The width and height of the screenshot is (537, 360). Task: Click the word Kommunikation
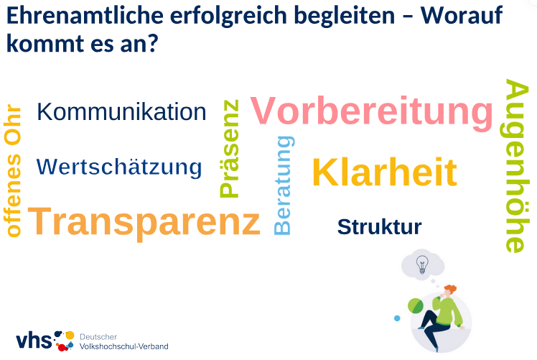pyautogui.click(x=121, y=112)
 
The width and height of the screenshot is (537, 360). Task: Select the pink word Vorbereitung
pyautogui.click(x=372, y=111)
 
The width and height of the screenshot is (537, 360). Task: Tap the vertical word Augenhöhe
pyautogui.click(x=516, y=166)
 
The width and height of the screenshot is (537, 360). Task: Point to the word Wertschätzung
pyautogui.click(x=119, y=167)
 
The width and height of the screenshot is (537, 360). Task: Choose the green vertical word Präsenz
pyautogui.click(x=229, y=149)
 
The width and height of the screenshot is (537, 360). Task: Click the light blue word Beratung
pyautogui.click(x=283, y=185)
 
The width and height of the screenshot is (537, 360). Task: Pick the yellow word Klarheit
pyautogui.click(x=385, y=172)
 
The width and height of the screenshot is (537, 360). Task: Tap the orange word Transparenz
pyautogui.click(x=144, y=222)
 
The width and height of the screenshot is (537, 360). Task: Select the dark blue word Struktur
pyautogui.click(x=380, y=227)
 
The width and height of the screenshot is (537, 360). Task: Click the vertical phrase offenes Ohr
pyautogui.click(x=13, y=170)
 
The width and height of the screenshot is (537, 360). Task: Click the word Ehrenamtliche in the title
pyautogui.click(x=85, y=15)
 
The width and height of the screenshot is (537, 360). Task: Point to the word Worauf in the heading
pyautogui.click(x=462, y=15)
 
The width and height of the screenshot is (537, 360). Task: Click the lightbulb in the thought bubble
pyautogui.click(x=422, y=264)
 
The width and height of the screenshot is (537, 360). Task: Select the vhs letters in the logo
pyautogui.click(x=34, y=341)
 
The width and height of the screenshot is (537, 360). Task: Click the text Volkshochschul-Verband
pyautogui.click(x=124, y=346)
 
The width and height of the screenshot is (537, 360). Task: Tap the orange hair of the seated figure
pyautogui.click(x=450, y=289)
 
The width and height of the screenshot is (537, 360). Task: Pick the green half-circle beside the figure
pyautogui.click(x=416, y=306)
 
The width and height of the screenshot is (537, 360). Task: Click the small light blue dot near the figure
pyautogui.click(x=397, y=318)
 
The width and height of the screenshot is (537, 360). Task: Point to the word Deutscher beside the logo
pyautogui.click(x=98, y=337)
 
